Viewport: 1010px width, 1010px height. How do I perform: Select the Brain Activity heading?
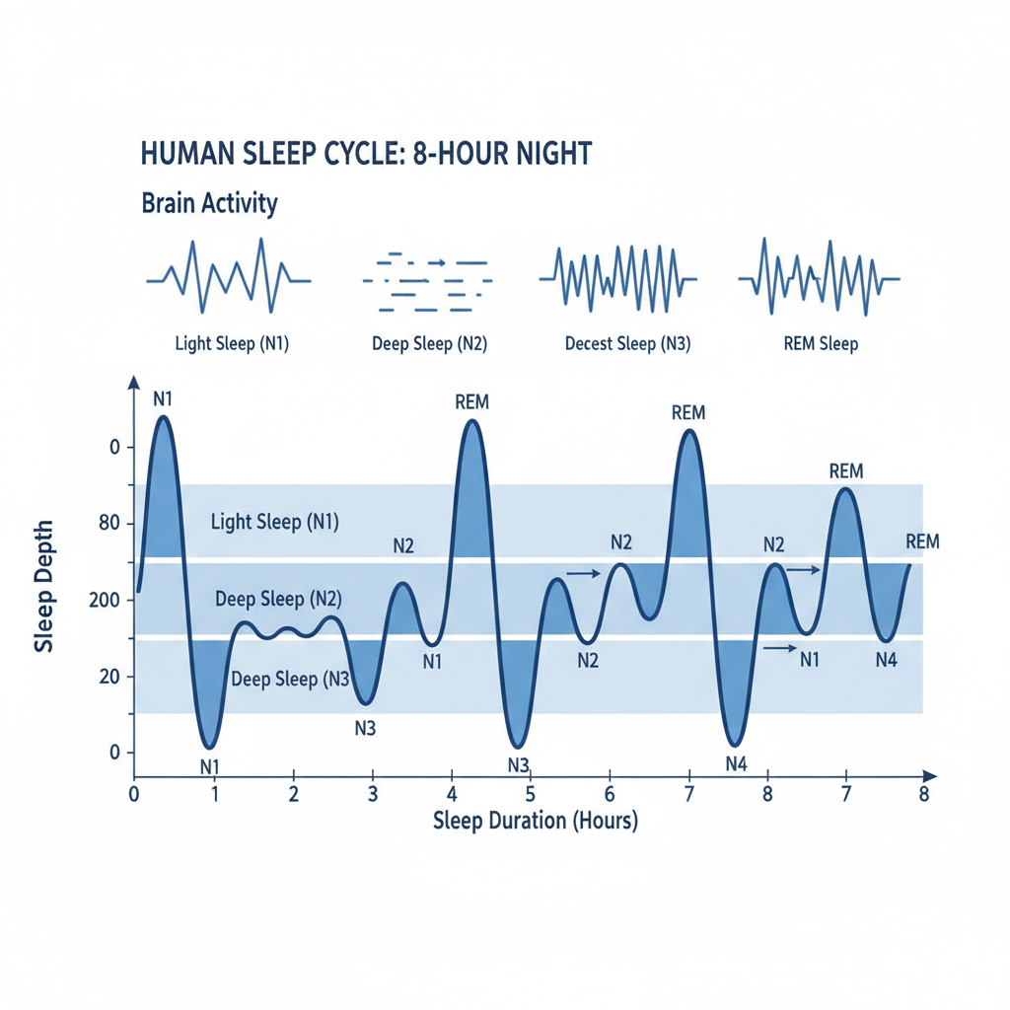[209, 204]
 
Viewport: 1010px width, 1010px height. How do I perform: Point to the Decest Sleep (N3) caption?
[627, 344]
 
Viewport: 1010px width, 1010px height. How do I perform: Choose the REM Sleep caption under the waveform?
[820, 344]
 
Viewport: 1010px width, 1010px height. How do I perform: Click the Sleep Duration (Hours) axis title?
[535, 821]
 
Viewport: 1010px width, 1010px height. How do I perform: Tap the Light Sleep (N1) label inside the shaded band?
[275, 522]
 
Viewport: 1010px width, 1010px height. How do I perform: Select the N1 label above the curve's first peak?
[164, 399]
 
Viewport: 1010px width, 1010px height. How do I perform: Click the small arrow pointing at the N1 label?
[779, 648]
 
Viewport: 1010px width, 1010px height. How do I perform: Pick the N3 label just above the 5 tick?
[519, 764]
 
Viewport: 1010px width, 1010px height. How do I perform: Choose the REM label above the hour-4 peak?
[472, 402]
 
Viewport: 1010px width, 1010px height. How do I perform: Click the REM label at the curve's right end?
[922, 541]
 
